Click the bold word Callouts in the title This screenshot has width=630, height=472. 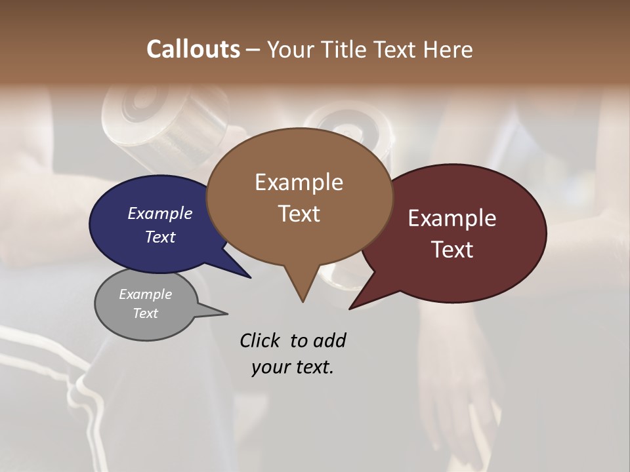193,49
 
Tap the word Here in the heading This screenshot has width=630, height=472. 448,49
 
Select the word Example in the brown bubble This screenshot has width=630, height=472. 299,182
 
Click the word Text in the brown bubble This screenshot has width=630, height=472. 299,214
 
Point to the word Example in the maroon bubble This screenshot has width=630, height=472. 452,218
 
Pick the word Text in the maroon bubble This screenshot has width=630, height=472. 452,250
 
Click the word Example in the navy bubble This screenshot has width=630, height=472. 160,214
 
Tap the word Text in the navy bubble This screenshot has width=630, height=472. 160,237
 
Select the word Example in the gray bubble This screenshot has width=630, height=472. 145,294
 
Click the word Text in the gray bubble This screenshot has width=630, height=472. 145,313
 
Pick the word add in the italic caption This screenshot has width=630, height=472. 329,341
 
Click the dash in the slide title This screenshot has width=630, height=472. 253,50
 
